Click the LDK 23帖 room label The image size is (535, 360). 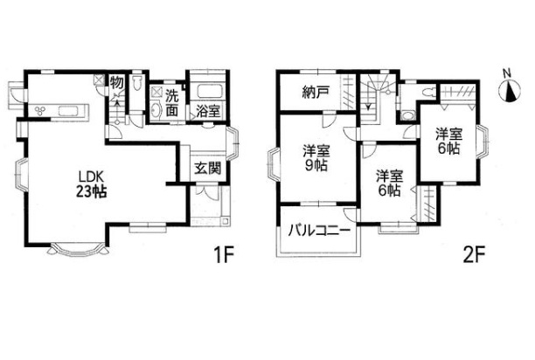coord(91,184)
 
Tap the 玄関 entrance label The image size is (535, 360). coord(207,168)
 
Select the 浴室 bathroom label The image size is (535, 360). coord(208,112)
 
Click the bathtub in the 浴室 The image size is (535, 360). coord(208,91)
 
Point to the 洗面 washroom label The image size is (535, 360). coord(172,103)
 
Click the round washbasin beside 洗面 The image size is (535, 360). coord(156,110)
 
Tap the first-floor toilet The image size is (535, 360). coord(138,83)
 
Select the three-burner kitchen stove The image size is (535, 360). coord(40,110)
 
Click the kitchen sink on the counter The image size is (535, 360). coord(69,111)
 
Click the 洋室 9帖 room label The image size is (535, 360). coord(316,158)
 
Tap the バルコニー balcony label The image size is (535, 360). coord(319,232)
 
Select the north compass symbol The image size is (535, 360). coord(510,89)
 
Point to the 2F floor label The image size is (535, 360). coord(475,253)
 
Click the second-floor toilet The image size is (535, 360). coord(427,92)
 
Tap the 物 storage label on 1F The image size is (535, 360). coord(116,82)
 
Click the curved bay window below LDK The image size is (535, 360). coord(78,249)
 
